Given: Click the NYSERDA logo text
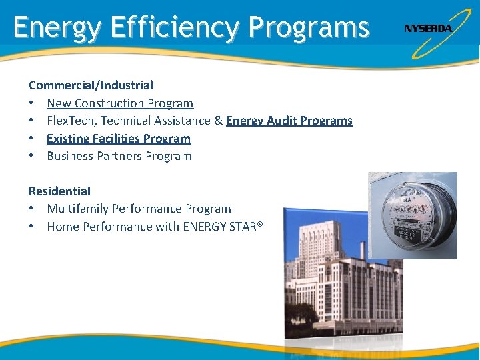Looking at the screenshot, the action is coord(428,29).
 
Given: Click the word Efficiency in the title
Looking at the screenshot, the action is coord(175,27).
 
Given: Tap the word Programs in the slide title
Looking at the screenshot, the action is coord(309,28).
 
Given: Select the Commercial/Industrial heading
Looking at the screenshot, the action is coord(91,85).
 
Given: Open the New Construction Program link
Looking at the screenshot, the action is coord(120,103).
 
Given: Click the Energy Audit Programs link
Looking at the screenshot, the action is coord(289,121).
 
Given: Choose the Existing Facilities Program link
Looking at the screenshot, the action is coord(119,139).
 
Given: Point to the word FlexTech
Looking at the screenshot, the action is coord(72,121).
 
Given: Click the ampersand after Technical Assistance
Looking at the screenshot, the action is coord(218,121).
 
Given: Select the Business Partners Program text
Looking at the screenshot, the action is coord(119,156).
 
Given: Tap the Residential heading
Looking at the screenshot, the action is coord(60,191).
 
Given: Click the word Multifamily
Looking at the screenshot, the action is coord(78,209).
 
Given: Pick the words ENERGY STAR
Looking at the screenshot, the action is coord(220,227).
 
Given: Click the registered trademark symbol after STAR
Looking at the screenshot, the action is coord(260,224).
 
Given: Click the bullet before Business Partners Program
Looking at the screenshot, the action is coord(31,155).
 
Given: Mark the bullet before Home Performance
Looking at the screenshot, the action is coord(31,226).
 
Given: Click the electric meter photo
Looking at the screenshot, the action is coord(413,215).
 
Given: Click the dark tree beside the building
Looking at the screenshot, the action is coord(299,319).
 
